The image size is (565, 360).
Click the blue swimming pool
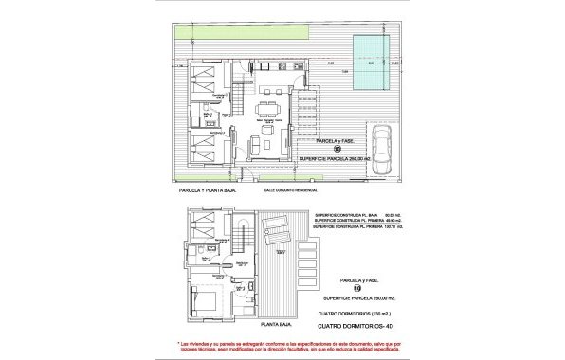click(371, 59)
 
